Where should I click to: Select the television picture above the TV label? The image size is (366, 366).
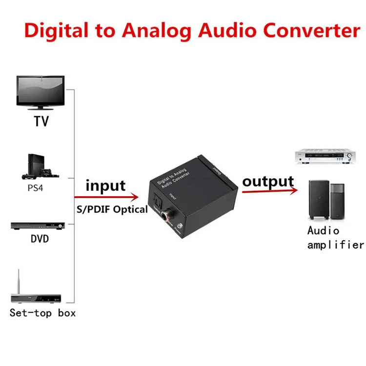pyautogui.click(x=42, y=93)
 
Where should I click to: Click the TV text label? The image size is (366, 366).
pyautogui.click(x=41, y=121)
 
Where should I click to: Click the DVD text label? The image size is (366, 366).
pyautogui.click(x=40, y=240)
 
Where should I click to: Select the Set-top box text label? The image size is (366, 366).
pyautogui.click(x=43, y=313)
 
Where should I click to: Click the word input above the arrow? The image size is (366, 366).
pyautogui.click(x=105, y=186)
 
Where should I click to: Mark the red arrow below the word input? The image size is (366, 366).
pyautogui.click(x=107, y=198)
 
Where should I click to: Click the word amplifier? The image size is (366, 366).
pyautogui.click(x=335, y=244)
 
